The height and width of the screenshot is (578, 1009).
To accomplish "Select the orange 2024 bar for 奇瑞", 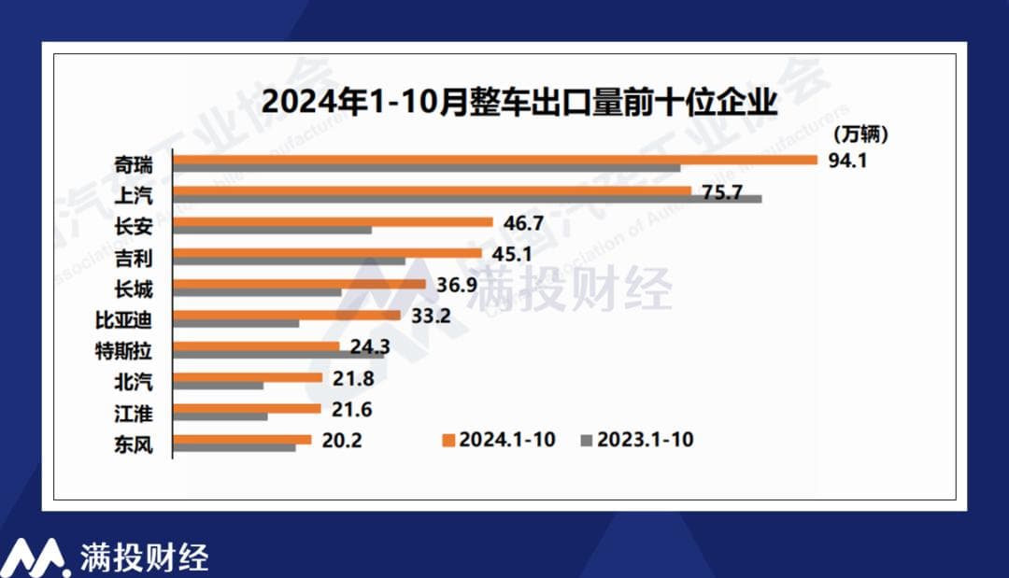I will (495, 160).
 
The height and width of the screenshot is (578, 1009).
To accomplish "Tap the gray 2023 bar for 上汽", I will (467, 199).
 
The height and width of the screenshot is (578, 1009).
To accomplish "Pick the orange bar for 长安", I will (334, 222).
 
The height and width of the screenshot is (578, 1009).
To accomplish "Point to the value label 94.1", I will (847, 160).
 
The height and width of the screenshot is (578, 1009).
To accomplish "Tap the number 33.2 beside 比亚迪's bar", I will (431, 316).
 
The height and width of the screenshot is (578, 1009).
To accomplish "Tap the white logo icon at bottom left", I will (34, 557).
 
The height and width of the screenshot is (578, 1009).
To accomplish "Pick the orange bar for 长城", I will (300, 284).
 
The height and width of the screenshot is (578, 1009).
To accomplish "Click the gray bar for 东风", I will (235, 447).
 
